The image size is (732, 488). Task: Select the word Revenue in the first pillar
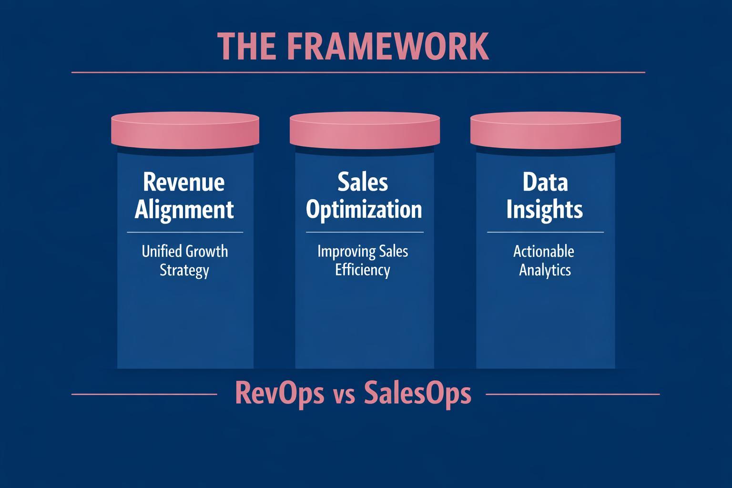tap(184, 182)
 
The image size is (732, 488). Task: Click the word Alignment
tap(184, 210)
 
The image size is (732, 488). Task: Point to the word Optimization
tap(364, 210)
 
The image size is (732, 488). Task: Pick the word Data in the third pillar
tap(545, 182)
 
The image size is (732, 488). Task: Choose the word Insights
tap(545, 210)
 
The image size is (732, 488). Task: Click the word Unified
tap(161, 251)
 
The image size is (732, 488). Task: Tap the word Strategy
tap(184, 271)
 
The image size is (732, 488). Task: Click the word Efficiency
tap(363, 270)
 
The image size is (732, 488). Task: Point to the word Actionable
tap(544, 251)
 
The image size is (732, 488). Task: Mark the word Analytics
tap(545, 270)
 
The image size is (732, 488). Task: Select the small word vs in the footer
tap(344, 396)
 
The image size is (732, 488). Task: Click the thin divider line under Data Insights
tap(545, 232)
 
